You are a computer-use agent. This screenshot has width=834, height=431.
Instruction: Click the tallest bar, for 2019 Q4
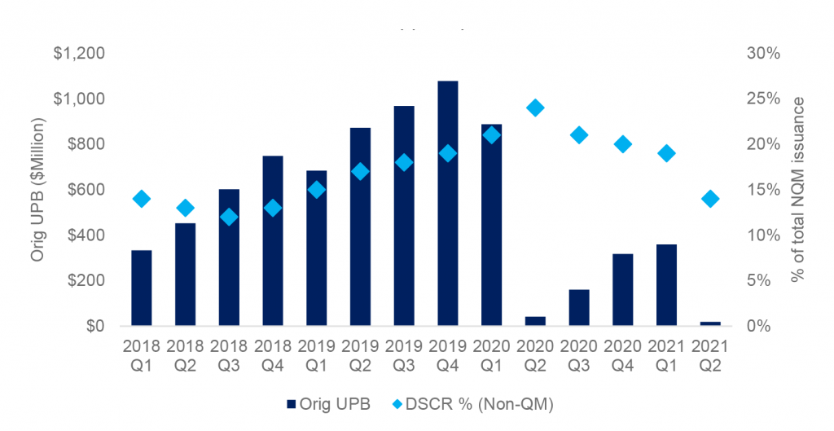pyautogui.click(x=447, y=204)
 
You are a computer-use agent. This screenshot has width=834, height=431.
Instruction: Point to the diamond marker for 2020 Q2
pyautogui.click(x=534, y=108)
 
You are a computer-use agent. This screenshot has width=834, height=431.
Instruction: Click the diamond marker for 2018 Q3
pyautogui.click(x=229, y=217)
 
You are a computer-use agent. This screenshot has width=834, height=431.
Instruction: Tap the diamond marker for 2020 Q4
pyautogui.click(x=622, y=144)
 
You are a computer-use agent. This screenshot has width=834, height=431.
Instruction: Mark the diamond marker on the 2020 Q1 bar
pyautogui.click(x=491, y=135)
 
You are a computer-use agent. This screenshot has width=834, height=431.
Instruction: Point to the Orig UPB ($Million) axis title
pyautogui.click(x=37, y=190)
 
